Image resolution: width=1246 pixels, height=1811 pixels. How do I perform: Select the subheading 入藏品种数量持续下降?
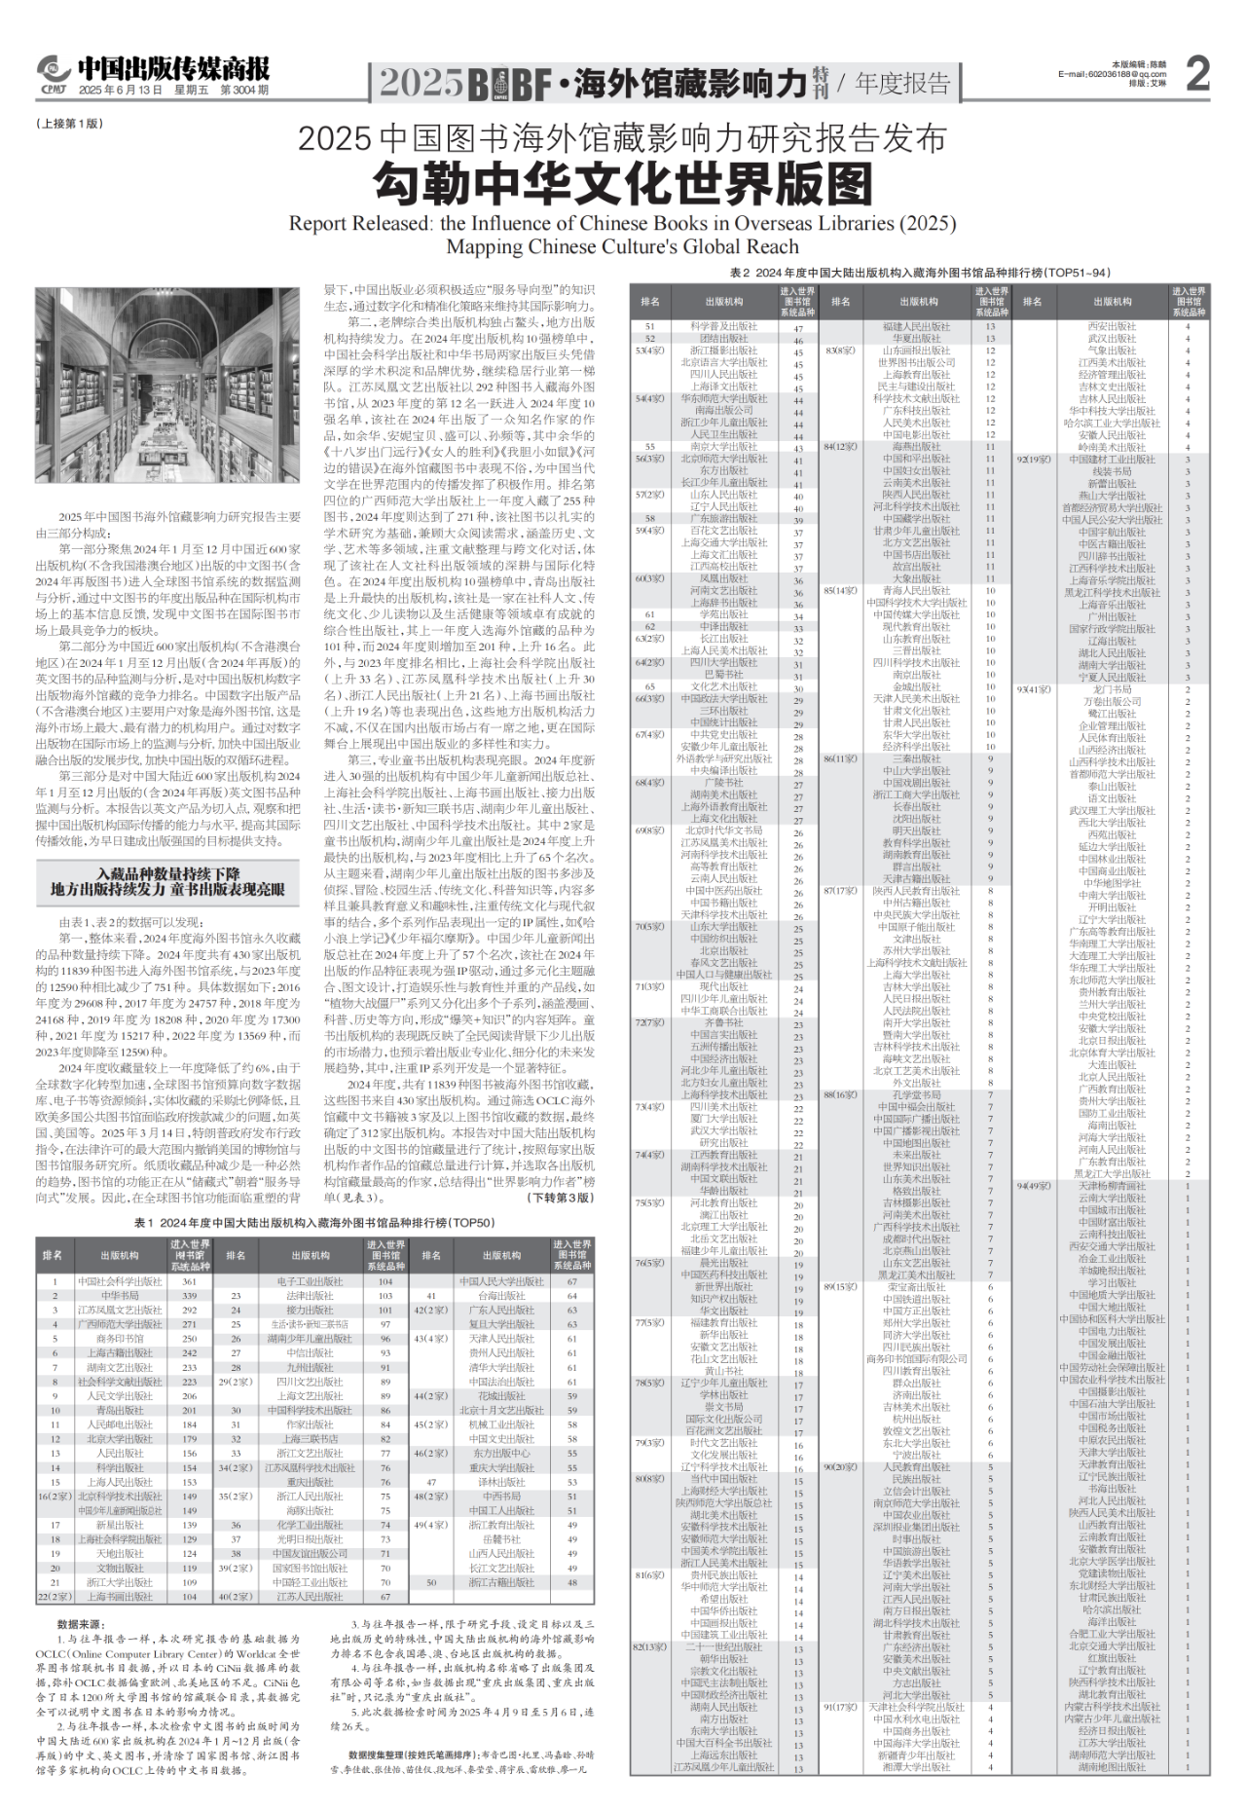pos(167,874)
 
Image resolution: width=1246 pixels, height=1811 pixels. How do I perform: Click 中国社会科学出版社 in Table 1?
pos(120,1281)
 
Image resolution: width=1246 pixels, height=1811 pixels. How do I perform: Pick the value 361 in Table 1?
pos(190,1281)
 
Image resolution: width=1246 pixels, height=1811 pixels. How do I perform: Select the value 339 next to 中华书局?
pos(190,1296)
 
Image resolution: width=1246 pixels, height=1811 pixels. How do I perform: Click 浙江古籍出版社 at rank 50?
pos(501,1582)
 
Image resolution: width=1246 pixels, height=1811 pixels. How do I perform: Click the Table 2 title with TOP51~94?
pos(919,273)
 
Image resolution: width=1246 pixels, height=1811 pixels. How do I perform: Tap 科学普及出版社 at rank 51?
pos(723,327)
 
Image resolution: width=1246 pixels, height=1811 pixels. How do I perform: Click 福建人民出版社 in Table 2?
pos(916,327)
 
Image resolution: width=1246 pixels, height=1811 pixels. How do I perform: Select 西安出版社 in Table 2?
pos(1112,327)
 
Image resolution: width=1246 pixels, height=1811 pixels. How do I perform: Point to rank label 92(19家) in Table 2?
pos(1032,459)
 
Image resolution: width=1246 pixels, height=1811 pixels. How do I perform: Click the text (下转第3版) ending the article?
pos(560,1198)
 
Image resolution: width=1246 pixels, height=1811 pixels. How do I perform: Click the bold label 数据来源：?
pos(81,1624)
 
